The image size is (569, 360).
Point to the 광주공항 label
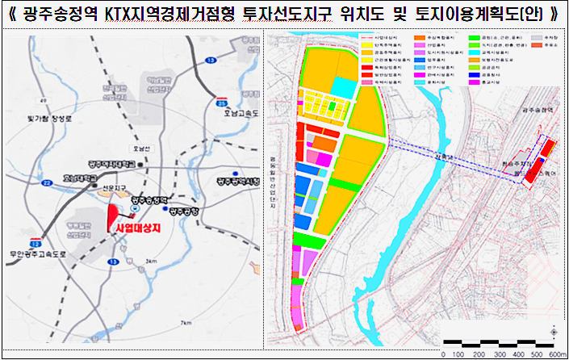click(x=184, y=211)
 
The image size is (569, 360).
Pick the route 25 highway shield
click(x=222, y=103)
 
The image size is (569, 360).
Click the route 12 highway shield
click(x=34, y=241)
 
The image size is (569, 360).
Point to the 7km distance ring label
click(x=186, y=324)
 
